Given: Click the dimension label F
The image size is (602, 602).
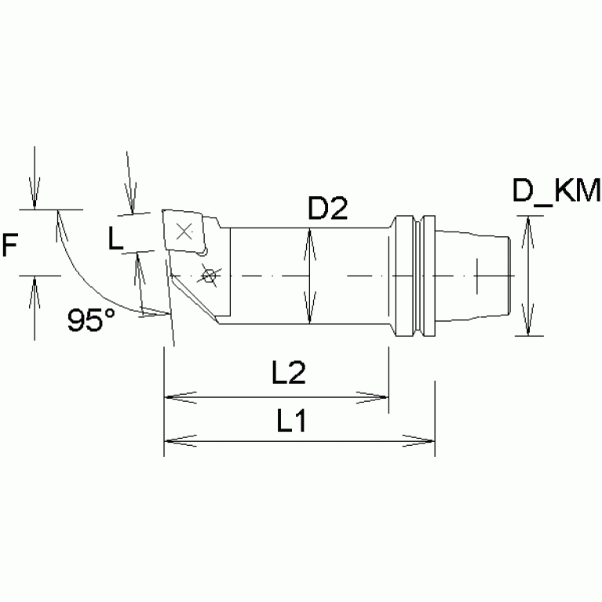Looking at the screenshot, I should tap(10, 246).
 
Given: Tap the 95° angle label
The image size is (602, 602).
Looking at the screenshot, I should tap(91, 320).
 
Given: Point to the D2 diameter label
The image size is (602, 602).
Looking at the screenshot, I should tap(327, 209).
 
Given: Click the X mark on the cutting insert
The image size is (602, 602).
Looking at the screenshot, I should tap(184, 232).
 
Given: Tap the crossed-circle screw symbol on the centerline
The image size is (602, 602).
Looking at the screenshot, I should tap(208, 275).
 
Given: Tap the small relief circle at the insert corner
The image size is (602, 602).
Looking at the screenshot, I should tap(203, 251).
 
